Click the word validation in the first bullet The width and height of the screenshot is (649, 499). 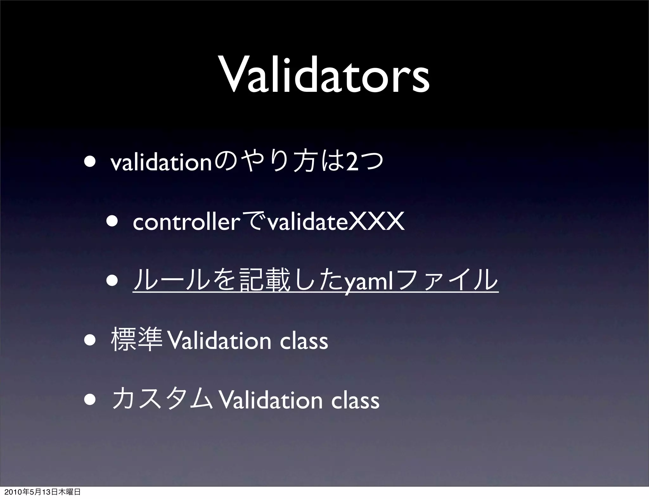161,164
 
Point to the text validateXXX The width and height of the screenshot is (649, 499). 336,223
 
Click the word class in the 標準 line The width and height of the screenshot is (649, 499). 304,341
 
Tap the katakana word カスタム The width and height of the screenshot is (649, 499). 162,400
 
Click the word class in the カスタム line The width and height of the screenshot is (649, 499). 355,401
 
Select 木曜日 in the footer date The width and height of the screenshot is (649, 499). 68,492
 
